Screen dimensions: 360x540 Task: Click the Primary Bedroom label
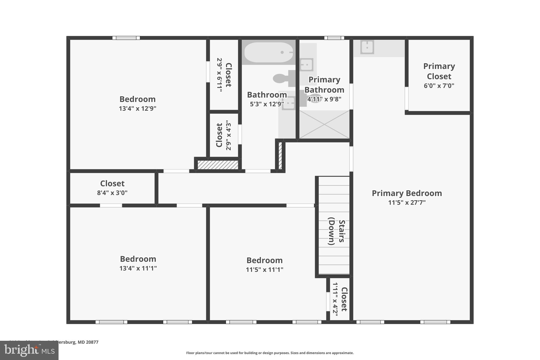(407, 193)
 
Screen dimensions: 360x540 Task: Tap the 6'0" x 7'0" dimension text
(439, 86)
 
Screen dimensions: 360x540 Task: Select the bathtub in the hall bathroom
(268, 52)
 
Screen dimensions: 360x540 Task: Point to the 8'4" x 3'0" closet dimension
(112, 193)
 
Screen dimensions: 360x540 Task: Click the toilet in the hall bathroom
(284, 78)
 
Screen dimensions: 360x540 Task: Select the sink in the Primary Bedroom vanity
(367, 47)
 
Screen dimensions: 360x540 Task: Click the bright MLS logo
(29, 351)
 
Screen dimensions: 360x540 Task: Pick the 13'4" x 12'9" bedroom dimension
(137, 108)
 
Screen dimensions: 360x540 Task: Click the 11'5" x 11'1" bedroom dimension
(264, 270)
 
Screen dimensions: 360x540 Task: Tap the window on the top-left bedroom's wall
(126, 38)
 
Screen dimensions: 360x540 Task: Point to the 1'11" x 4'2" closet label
(340, 299)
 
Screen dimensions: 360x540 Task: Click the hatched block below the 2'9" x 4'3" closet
(218, 165)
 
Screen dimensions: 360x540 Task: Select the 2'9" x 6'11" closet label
(224, 75)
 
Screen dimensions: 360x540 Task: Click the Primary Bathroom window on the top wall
(334, 38)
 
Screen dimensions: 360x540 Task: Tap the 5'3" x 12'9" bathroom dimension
(267, 104)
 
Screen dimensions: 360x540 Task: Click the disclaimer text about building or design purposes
(270, 353)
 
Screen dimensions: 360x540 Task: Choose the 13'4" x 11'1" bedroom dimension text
(138, 268)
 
